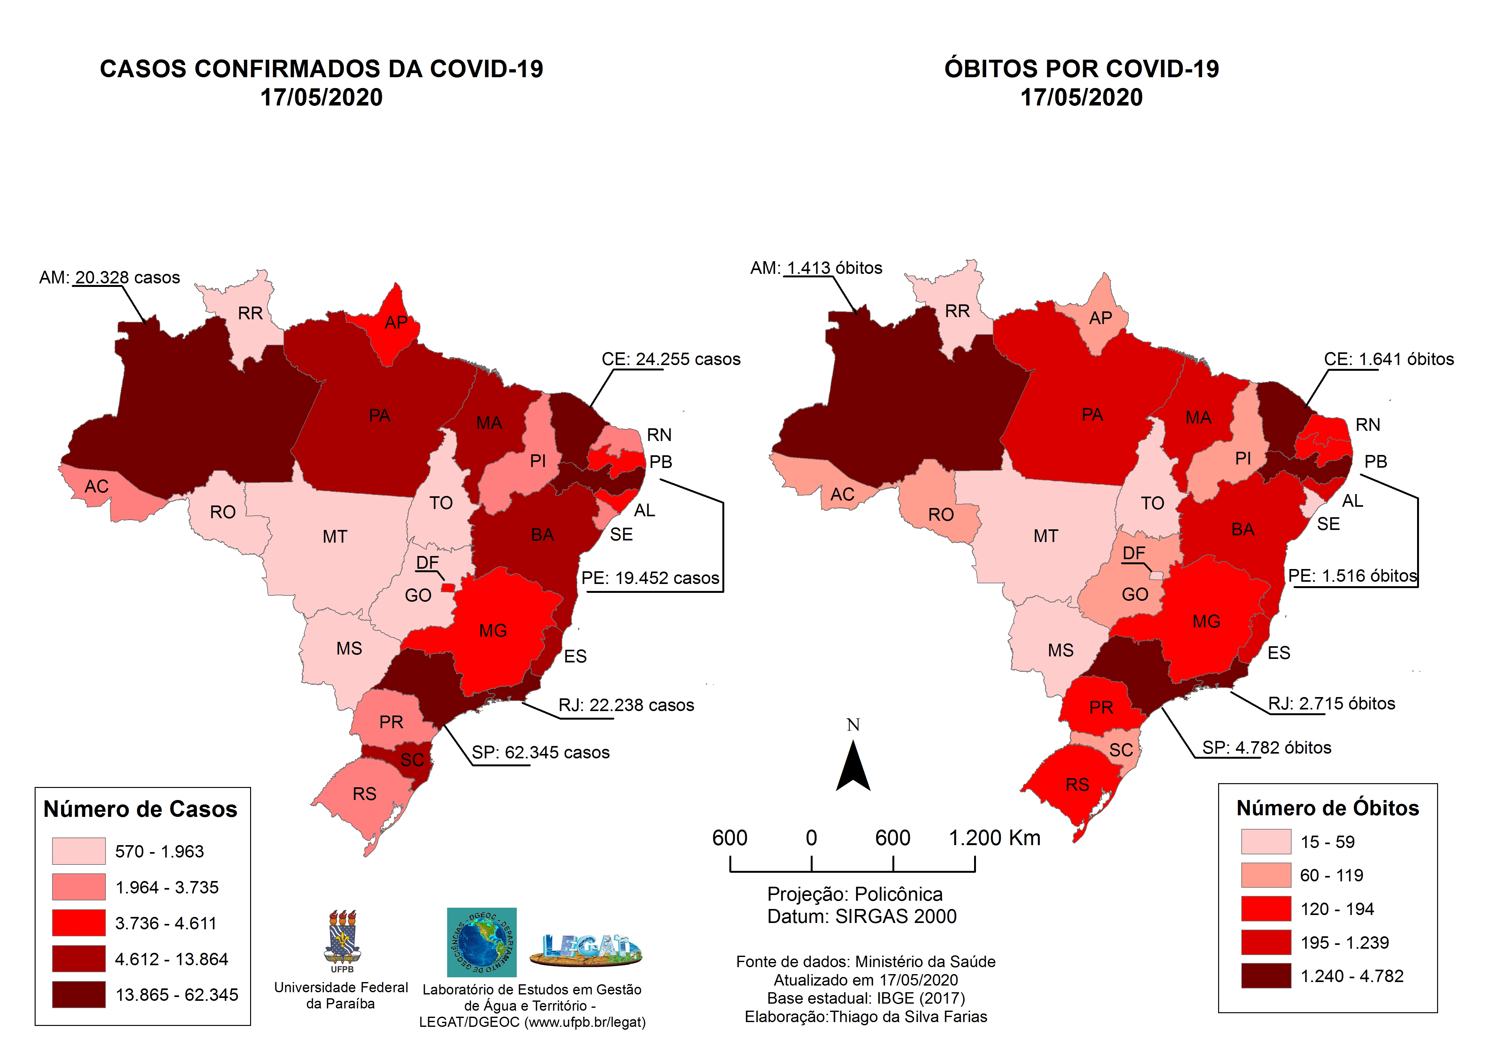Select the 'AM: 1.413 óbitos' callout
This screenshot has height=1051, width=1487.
pyautogui.click(x=816, y=268)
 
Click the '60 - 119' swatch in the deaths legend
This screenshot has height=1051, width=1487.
pyautogui.click(x=1265, y=876)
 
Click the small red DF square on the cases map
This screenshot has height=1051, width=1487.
pyautogui.click(x=447, y=587)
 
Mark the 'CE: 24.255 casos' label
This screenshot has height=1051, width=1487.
pyautogui.click(x=671, y=359)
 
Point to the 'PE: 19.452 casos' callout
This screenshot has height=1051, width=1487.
pyautogui.click(x=650, y=578)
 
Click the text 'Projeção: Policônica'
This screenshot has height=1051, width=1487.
pyautogui.click(x=855, y=894)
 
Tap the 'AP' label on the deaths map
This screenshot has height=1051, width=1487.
pyautogui.click(x=1100, y=318)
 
